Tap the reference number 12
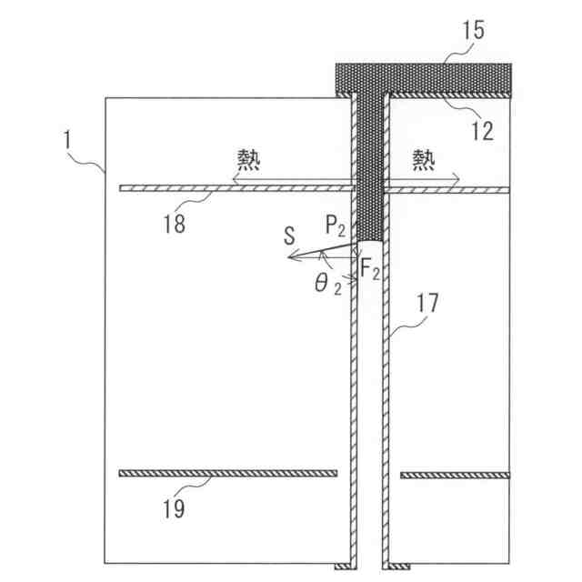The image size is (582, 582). pos(482,130)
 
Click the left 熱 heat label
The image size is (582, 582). pos(248,161)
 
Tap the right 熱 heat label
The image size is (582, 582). pos(423,161)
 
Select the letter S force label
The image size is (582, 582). pos(289,236)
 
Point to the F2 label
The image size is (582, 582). pos(370,269)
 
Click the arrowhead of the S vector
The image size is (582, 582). pos(291,257)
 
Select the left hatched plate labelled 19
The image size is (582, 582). pos(227,473)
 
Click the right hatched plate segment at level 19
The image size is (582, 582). pos(454,475)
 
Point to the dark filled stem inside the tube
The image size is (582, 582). pos(369,173)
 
